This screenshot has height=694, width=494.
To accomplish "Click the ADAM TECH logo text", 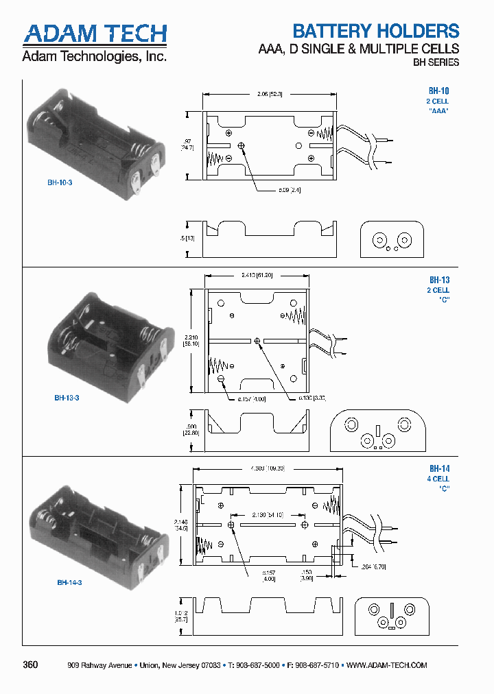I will (95, 33).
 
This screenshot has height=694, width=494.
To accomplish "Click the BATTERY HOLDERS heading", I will (375, 31).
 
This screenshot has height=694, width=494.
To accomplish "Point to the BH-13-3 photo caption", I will (67, 398).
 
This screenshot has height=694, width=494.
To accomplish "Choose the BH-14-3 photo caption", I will (69, 582).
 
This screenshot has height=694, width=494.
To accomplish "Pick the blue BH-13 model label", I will (439, 280).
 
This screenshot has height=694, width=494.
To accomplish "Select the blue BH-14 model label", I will (439, 469).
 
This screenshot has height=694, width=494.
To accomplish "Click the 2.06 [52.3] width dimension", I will (267, 94).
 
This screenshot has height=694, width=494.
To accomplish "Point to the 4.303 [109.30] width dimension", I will (268, 469).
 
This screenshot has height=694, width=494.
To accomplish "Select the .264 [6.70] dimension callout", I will (374, 566).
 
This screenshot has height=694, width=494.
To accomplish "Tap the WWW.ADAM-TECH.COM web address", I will (387, 666).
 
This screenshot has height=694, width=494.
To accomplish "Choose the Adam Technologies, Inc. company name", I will (94, 56).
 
